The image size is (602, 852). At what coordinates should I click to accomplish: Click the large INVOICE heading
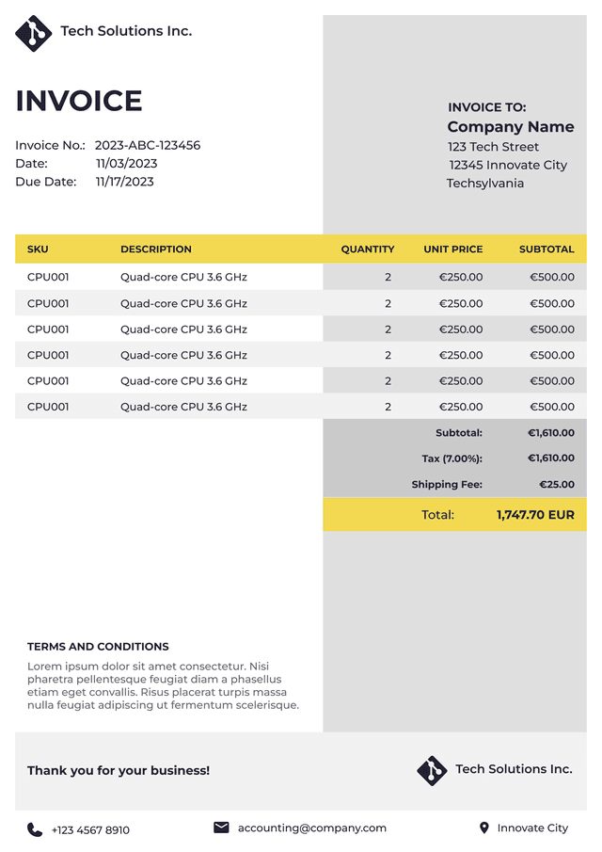point(79,101)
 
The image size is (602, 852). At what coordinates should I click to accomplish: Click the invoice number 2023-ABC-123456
point(147,145)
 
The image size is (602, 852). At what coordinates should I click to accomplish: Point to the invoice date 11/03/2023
point(126,164)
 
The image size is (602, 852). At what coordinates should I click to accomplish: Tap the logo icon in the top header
point(34,33)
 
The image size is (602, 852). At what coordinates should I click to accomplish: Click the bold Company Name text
point(510,127)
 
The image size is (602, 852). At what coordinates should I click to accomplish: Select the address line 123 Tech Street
point(493,147)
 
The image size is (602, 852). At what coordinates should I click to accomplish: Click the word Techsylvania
point(484,184)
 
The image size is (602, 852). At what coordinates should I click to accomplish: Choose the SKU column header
point(38,249)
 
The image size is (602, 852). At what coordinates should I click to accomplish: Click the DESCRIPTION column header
point(155,249)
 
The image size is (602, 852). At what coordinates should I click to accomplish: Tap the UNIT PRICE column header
point(452,249)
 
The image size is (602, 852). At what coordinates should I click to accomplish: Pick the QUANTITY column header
point(367,249)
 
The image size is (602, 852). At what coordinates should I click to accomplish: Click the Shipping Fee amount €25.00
point(556,485)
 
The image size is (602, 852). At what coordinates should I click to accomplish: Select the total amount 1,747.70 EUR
point(535,515)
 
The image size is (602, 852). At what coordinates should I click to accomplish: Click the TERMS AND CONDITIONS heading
point(98,647)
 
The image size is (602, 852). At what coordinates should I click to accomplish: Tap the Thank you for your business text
point(119,770)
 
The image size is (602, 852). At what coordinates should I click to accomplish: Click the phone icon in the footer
point(35,829)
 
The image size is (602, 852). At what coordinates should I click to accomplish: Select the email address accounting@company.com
point(311,828)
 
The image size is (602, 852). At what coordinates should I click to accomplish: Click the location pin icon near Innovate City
point(484,828)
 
